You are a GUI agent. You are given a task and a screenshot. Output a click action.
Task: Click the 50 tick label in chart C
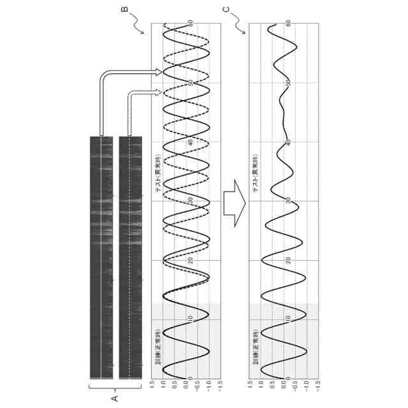click(289, 83)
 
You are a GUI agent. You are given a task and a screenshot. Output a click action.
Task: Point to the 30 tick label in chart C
click(289, 201)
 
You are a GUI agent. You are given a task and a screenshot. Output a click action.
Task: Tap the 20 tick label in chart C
click(289, 259)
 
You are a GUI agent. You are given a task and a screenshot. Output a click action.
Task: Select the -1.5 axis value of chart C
click(318, 385)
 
